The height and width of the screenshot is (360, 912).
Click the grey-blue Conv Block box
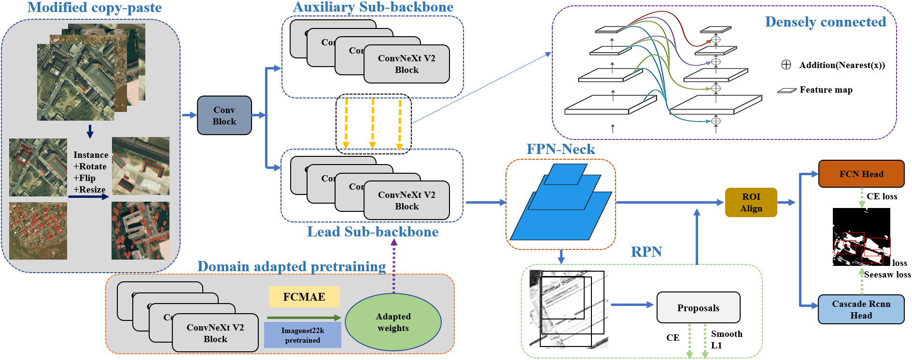click(x=224, y=115)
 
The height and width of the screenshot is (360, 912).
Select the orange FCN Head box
click(x=861, y=174)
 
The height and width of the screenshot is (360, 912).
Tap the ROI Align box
click(x=751, y=202)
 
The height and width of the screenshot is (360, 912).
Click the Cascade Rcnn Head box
click(x=861, y=309)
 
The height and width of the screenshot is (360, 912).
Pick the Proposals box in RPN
click(x=698, y=308)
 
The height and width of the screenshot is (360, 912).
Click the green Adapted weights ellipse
click(x=393, y=322)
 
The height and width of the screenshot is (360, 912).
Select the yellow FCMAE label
click(x=304, y=297)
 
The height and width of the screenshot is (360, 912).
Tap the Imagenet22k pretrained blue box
click(x=302, y=335)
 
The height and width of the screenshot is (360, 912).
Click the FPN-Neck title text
click(x=561, y=149)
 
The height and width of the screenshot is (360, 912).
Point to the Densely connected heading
click(x=825, y=22)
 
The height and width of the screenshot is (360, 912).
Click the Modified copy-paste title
click(x=94, y=7)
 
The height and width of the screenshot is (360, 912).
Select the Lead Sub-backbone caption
click(x=372, y=232)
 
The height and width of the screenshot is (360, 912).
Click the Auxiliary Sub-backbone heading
click(x=373, y=7)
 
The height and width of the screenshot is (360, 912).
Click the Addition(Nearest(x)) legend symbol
click(x=786, y=65)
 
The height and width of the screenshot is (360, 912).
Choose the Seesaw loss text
click(x=887, y=275)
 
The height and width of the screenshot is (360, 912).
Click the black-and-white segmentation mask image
click(x=861, y=236)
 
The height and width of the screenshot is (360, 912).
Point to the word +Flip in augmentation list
click(x=84, y=178)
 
